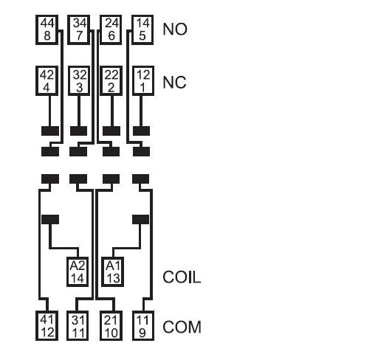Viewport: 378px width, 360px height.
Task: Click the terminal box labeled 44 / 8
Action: coord(47,30)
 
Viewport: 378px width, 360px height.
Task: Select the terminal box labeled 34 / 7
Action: coord(79,30)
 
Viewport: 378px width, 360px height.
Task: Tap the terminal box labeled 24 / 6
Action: coord(111,30)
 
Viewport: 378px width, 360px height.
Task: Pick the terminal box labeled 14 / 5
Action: coord(142,30)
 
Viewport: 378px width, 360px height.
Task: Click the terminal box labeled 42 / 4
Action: coord(47,80)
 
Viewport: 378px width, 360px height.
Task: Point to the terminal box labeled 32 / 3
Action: coord(79,80)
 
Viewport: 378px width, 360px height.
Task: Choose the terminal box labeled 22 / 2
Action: coord(111,80)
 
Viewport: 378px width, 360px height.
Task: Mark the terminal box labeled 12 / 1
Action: coord(143,80)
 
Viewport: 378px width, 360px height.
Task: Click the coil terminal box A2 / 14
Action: coord(78,272)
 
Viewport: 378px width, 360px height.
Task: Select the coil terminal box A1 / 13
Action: coord(113,272)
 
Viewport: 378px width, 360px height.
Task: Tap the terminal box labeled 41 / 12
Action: coord(47,326)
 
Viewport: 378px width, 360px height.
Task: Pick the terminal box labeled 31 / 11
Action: coord(78,326)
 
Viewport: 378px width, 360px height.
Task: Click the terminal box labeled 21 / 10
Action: coord(111,326)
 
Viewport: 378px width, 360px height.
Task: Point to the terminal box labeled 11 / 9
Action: coord(143,326)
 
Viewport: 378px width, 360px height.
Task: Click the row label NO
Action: coord(175,30)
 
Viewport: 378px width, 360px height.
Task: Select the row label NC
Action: coord(174,83)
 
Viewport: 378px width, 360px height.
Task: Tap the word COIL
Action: coord(182,277)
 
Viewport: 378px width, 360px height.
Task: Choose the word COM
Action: coord(182,328)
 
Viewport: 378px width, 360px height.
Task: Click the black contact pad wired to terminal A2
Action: coord(50,219)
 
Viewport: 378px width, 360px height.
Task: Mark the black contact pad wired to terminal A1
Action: coord(140,219)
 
